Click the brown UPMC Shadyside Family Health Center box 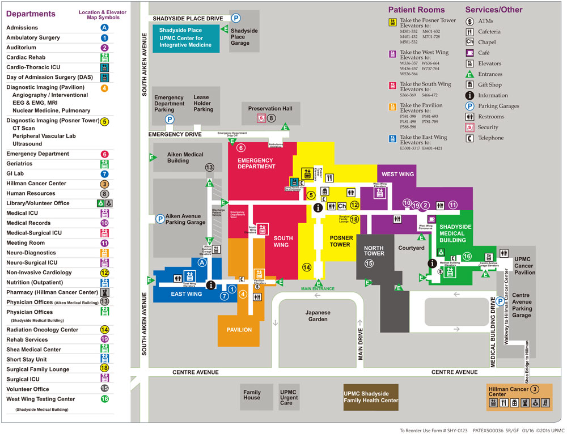371,397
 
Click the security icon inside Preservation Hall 261,118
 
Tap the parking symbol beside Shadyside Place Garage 235,18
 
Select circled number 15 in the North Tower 369,263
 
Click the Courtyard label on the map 411,248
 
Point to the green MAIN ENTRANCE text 318,289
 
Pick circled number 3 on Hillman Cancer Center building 534,389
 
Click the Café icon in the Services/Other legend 469,53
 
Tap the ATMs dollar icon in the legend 469,21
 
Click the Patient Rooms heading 416,10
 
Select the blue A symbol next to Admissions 104,27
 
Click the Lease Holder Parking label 204,103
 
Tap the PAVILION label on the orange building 239,330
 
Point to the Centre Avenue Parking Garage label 521,305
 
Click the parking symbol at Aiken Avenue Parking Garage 160,218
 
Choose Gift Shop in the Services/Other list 490,84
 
